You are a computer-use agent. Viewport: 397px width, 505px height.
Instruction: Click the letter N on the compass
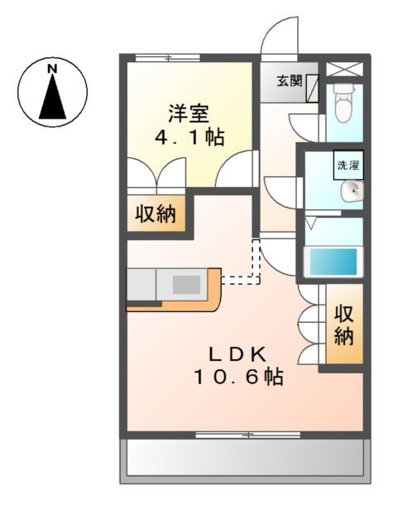[52, 67]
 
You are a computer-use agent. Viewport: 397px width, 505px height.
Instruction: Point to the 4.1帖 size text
[189, 137]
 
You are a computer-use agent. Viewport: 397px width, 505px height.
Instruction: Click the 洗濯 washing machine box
[347, 165]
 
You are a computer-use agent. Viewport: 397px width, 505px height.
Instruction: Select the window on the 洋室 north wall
[167, 57]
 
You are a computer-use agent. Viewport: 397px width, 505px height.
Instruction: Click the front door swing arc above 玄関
[278, 36]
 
